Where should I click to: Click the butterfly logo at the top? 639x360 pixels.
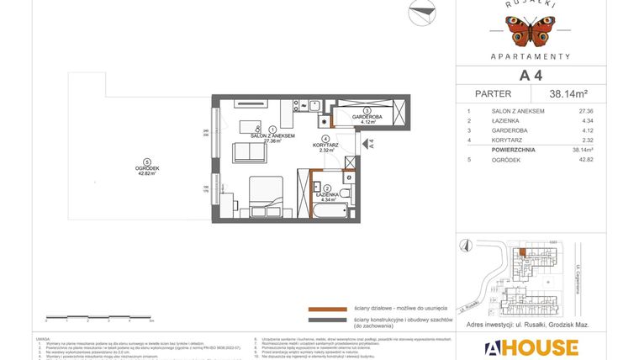point(531,31)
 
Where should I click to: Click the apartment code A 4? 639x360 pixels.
point(530,76)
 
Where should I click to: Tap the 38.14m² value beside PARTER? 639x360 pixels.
point(568,94)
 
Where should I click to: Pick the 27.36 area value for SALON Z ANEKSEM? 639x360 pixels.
point(585,111)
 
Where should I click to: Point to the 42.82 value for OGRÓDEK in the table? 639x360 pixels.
point(585,159)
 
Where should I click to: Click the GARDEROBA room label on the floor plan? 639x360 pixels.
point(367,117)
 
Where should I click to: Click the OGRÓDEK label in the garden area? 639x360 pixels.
point(147,168)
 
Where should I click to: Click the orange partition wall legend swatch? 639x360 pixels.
point(328,309)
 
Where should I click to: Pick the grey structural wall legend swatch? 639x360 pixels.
point(328,320)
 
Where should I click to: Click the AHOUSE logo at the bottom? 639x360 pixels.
point(531,347)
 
